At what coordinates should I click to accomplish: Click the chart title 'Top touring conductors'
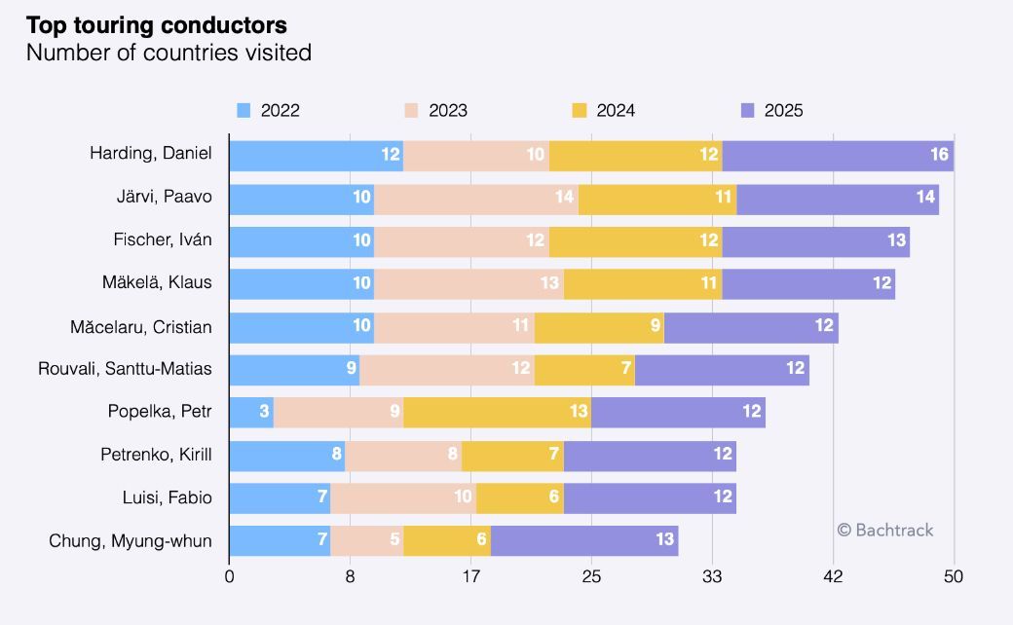point(157,25)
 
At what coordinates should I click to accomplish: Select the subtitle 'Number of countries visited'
point(169,53)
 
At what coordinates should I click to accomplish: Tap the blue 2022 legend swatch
point(244,110)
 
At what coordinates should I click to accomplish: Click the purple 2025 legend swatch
point(747,110)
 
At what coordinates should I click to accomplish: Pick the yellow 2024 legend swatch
point(580,110)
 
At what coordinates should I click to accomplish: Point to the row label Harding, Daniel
point(151,153)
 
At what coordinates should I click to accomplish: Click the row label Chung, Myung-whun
point(131,541)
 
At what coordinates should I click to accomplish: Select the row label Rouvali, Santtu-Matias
point(125,369)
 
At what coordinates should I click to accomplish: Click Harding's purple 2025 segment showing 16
point(838,156)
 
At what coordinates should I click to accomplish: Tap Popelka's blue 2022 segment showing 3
point(252,413)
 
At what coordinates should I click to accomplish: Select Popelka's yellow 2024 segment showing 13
point(498,413)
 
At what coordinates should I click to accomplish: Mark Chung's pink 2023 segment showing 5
point(367,541)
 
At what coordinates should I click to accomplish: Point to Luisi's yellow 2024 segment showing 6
point(520,498)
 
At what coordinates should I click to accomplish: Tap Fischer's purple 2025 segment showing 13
point(816,242)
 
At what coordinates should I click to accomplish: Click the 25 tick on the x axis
point(592,576)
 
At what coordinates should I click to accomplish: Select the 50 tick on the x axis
point(954,576)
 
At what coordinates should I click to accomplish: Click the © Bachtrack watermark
point(885,531)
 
